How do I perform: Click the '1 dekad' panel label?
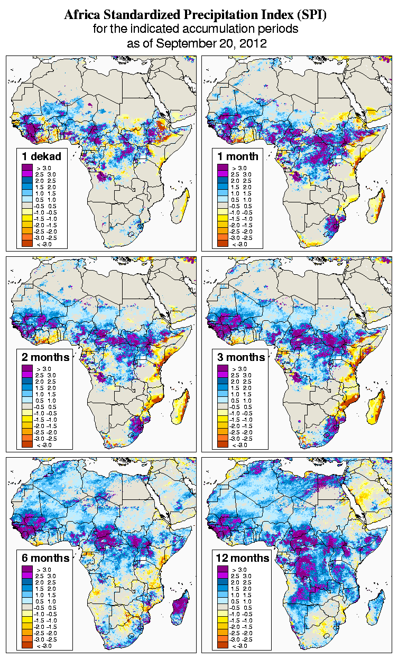(42, 156)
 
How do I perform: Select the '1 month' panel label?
(238, 156)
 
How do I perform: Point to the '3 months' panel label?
(241, 357)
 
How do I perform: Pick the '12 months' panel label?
(243, 558)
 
